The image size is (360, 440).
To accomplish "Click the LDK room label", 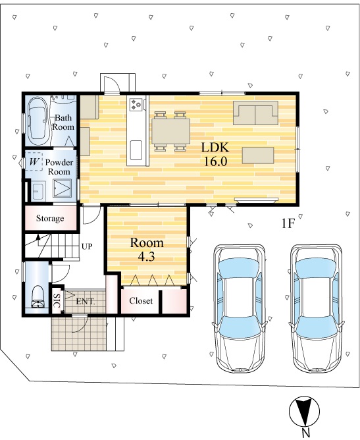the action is point(215,148).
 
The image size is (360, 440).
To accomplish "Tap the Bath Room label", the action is point(63,122).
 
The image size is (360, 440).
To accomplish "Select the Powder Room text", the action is point(59,167).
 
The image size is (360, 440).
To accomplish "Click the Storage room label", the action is point(50,218).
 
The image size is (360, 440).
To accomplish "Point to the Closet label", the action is point(141,301).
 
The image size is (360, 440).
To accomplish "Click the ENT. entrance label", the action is point(86,302).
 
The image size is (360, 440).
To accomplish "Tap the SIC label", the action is point(57,301).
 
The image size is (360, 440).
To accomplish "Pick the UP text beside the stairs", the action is point(87,246).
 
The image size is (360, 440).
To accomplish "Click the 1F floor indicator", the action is point(288,224).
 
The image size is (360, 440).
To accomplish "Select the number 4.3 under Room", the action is point(146,256).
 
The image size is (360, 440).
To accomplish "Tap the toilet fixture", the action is point(38,297).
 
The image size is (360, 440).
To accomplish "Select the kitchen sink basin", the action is point(136,150).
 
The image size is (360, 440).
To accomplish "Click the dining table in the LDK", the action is point(170,132).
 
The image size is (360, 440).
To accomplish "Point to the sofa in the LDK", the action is point(255,113).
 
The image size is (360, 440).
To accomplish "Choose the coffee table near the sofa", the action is point(258,155).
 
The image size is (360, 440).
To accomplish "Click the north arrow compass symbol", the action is point(304,412).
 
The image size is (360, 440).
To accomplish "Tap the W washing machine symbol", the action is point(34,161).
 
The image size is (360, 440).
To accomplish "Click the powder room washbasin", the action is point(38,191).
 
